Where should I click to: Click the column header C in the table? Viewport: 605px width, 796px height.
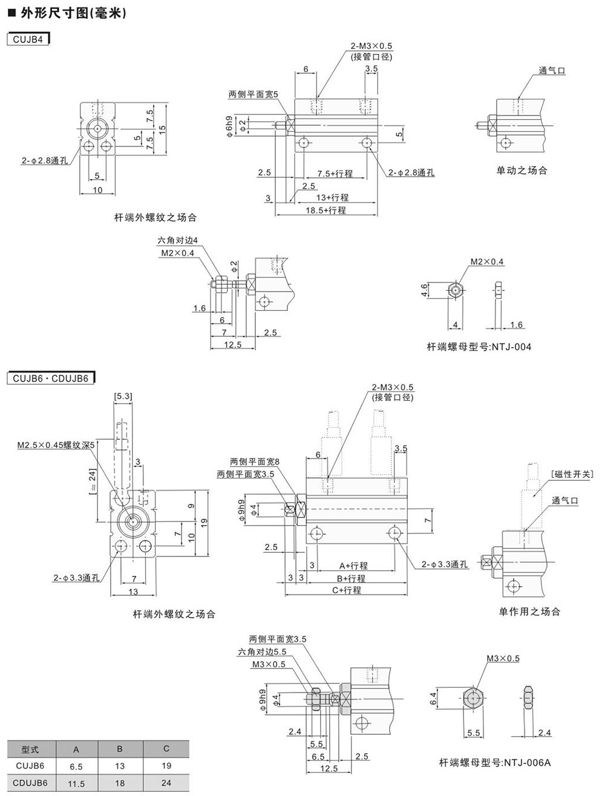coord(166,749)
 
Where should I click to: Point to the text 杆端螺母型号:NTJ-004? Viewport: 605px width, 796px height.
coord(479,347)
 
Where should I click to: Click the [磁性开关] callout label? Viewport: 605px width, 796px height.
coord(573,474)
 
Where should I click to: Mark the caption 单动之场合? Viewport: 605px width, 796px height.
coord(522,171)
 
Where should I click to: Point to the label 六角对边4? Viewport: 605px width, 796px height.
coord(178,241)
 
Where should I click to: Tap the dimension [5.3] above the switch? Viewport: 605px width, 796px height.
coord(122,396)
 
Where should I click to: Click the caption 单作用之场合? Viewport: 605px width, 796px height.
coord(529,612)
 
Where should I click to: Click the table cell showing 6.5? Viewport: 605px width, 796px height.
coord(76,765)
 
